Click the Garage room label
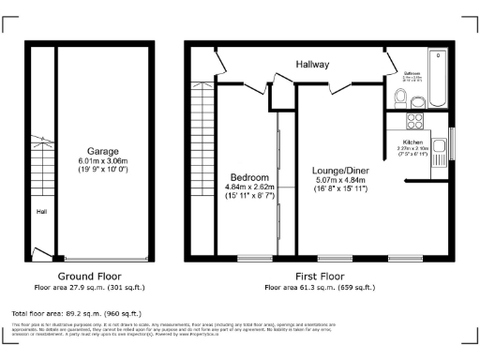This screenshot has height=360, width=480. coord(102,151)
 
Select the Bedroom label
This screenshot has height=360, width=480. coord(250,177)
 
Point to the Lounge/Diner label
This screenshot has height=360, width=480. coord(340,171)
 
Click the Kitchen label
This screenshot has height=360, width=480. coord(413,142)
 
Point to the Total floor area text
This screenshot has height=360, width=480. coord(76,313)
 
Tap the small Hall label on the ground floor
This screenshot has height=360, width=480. coord(41,212)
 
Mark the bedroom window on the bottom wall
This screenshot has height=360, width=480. coord(253,258)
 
